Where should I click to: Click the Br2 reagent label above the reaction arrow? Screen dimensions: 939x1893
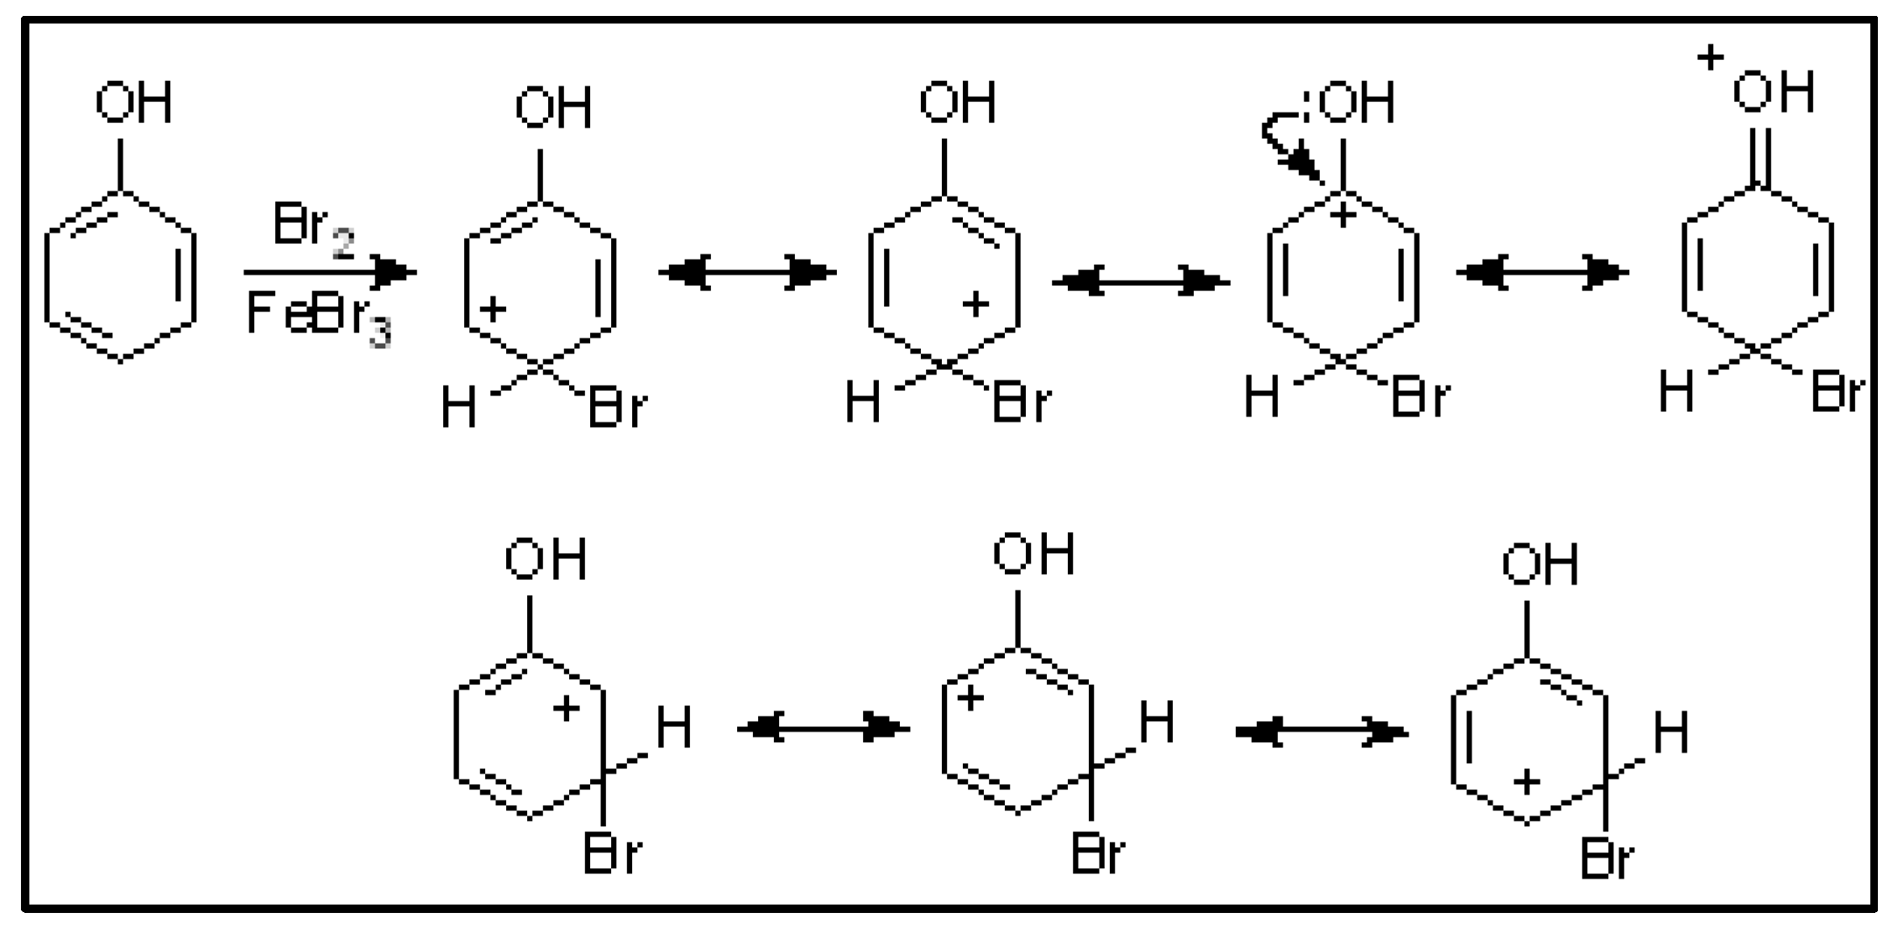pyautogui.click(x=312, y=228)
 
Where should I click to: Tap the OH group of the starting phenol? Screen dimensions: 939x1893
pyautogui.click(x=133, y=103)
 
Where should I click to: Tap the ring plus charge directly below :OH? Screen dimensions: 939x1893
pyautogui.click(x=1343, y=216)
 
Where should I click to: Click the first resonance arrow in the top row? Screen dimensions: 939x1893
pyautogui.click(x=747, y=272)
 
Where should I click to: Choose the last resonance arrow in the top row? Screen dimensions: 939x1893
pyautogui.click(x=1542, y=272)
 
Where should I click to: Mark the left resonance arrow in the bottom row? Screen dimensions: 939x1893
pyautogui.click(x=824, y=729)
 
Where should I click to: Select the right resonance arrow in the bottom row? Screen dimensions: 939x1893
pyautogui.click(x=1322, y=733)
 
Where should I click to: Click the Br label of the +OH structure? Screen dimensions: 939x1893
pyautogui.click(x=1837, y=393)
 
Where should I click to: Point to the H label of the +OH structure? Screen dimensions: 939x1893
pyautogui.click(x=1676, y=393)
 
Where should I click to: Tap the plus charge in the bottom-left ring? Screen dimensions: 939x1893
pyautogui.click(x=567, y=710)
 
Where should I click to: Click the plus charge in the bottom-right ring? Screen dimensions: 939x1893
pyautogui.click(x=1526, y=783)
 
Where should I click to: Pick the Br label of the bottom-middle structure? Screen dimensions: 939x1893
pyautogui.click(x=1097, y=855)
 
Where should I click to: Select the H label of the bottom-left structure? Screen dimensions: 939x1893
pyautogui.click(x=674, y=727)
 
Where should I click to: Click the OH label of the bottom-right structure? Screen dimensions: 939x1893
pyautogui.click(x=1540, y=565)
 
